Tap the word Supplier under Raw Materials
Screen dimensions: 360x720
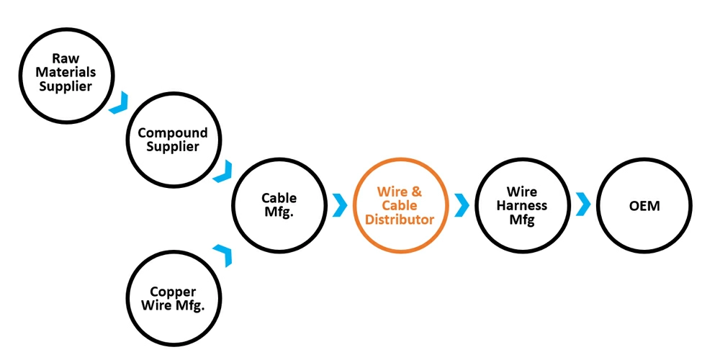coord(66,86)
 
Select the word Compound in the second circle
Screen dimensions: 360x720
coord(172,132)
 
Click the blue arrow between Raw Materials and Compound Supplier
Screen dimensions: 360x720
coord(120,102)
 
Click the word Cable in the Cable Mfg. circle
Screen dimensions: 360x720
coord(279,198)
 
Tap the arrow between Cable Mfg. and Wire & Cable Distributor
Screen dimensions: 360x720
coord(339,204)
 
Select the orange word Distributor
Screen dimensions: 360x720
coord(400,219)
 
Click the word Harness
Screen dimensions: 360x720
coord(522,206)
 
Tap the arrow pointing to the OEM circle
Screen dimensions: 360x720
coord(583,204)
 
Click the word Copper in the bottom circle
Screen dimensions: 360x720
coord(173,292)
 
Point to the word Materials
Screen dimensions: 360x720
coord(66,73)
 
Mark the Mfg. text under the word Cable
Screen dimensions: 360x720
coord(279,212)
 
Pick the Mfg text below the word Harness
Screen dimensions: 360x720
coord(522,220)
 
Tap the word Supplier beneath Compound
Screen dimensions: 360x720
coord(172,146)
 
